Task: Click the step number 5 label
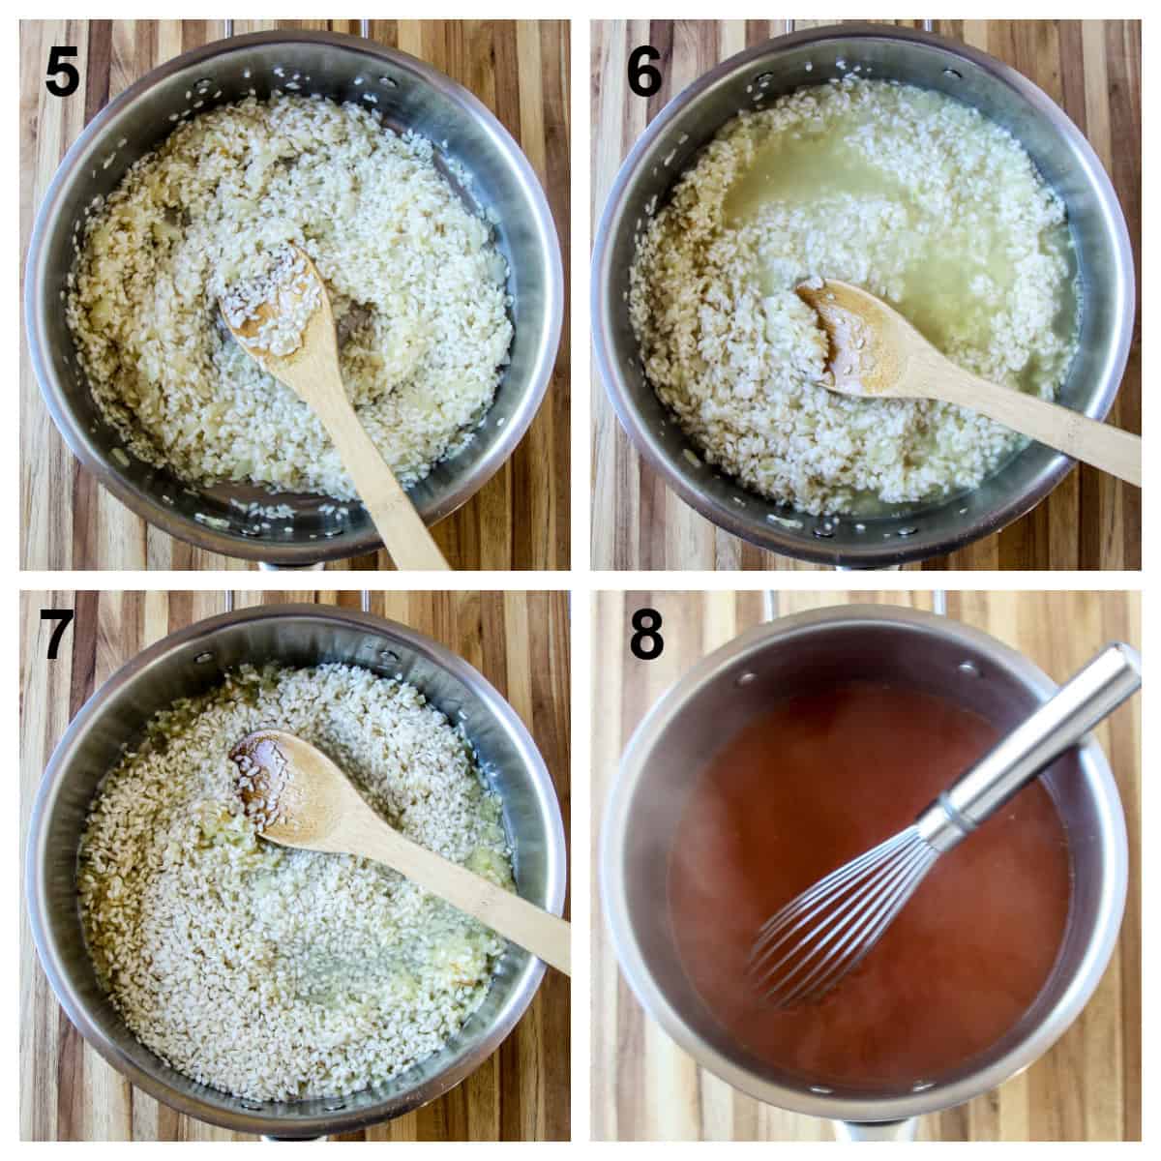click(62, 72)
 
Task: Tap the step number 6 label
click(644, 72)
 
